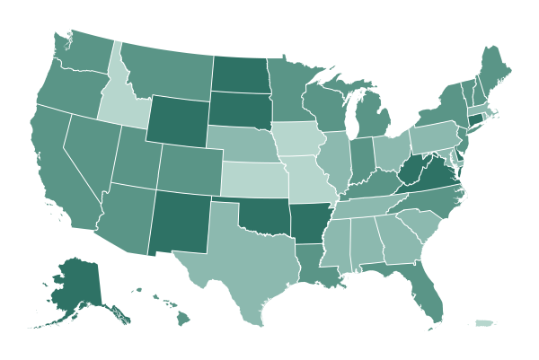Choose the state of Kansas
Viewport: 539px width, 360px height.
pos(252,180)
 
